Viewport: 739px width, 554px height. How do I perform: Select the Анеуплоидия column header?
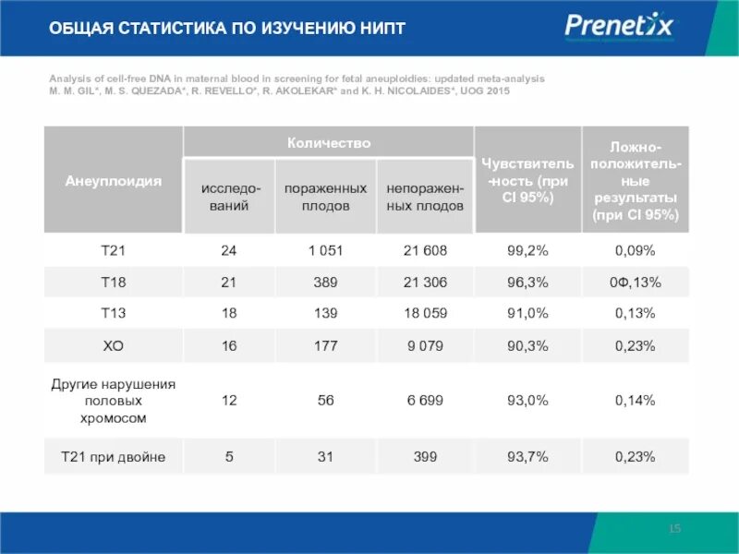[x=113, y=181]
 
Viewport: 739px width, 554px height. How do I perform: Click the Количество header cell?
[x=329, y=143]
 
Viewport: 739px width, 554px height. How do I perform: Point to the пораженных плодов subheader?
[x=324, y=198]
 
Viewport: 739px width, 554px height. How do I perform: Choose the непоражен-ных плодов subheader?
[x=425, y=198]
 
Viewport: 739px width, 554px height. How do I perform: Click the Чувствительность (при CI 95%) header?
[x=527, y=180]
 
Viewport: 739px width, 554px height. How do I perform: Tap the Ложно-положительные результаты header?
[x=635, y=181]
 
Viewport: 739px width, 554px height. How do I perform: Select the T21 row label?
[x=113, y=250]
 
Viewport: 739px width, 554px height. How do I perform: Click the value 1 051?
[x=324, y=250]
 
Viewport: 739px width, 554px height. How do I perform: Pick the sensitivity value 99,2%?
[x=527, y=250]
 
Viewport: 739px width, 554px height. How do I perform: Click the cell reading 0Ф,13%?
[x=635, y=282]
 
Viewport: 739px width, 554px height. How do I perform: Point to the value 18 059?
[x=425, y=313]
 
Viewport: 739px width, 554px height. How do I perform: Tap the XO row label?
[x=113, y=345]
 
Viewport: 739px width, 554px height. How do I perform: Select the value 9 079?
[x=425, y=345]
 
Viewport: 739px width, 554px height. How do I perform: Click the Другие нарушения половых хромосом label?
[x=113, y=401]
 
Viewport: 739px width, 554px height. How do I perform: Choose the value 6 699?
[x=425, y=401]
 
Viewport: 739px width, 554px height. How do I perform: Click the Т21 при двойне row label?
[x=113, y=456]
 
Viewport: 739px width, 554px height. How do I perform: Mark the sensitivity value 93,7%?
[x=527, y=456]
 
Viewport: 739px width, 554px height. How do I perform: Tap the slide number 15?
[x=674, y=528]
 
